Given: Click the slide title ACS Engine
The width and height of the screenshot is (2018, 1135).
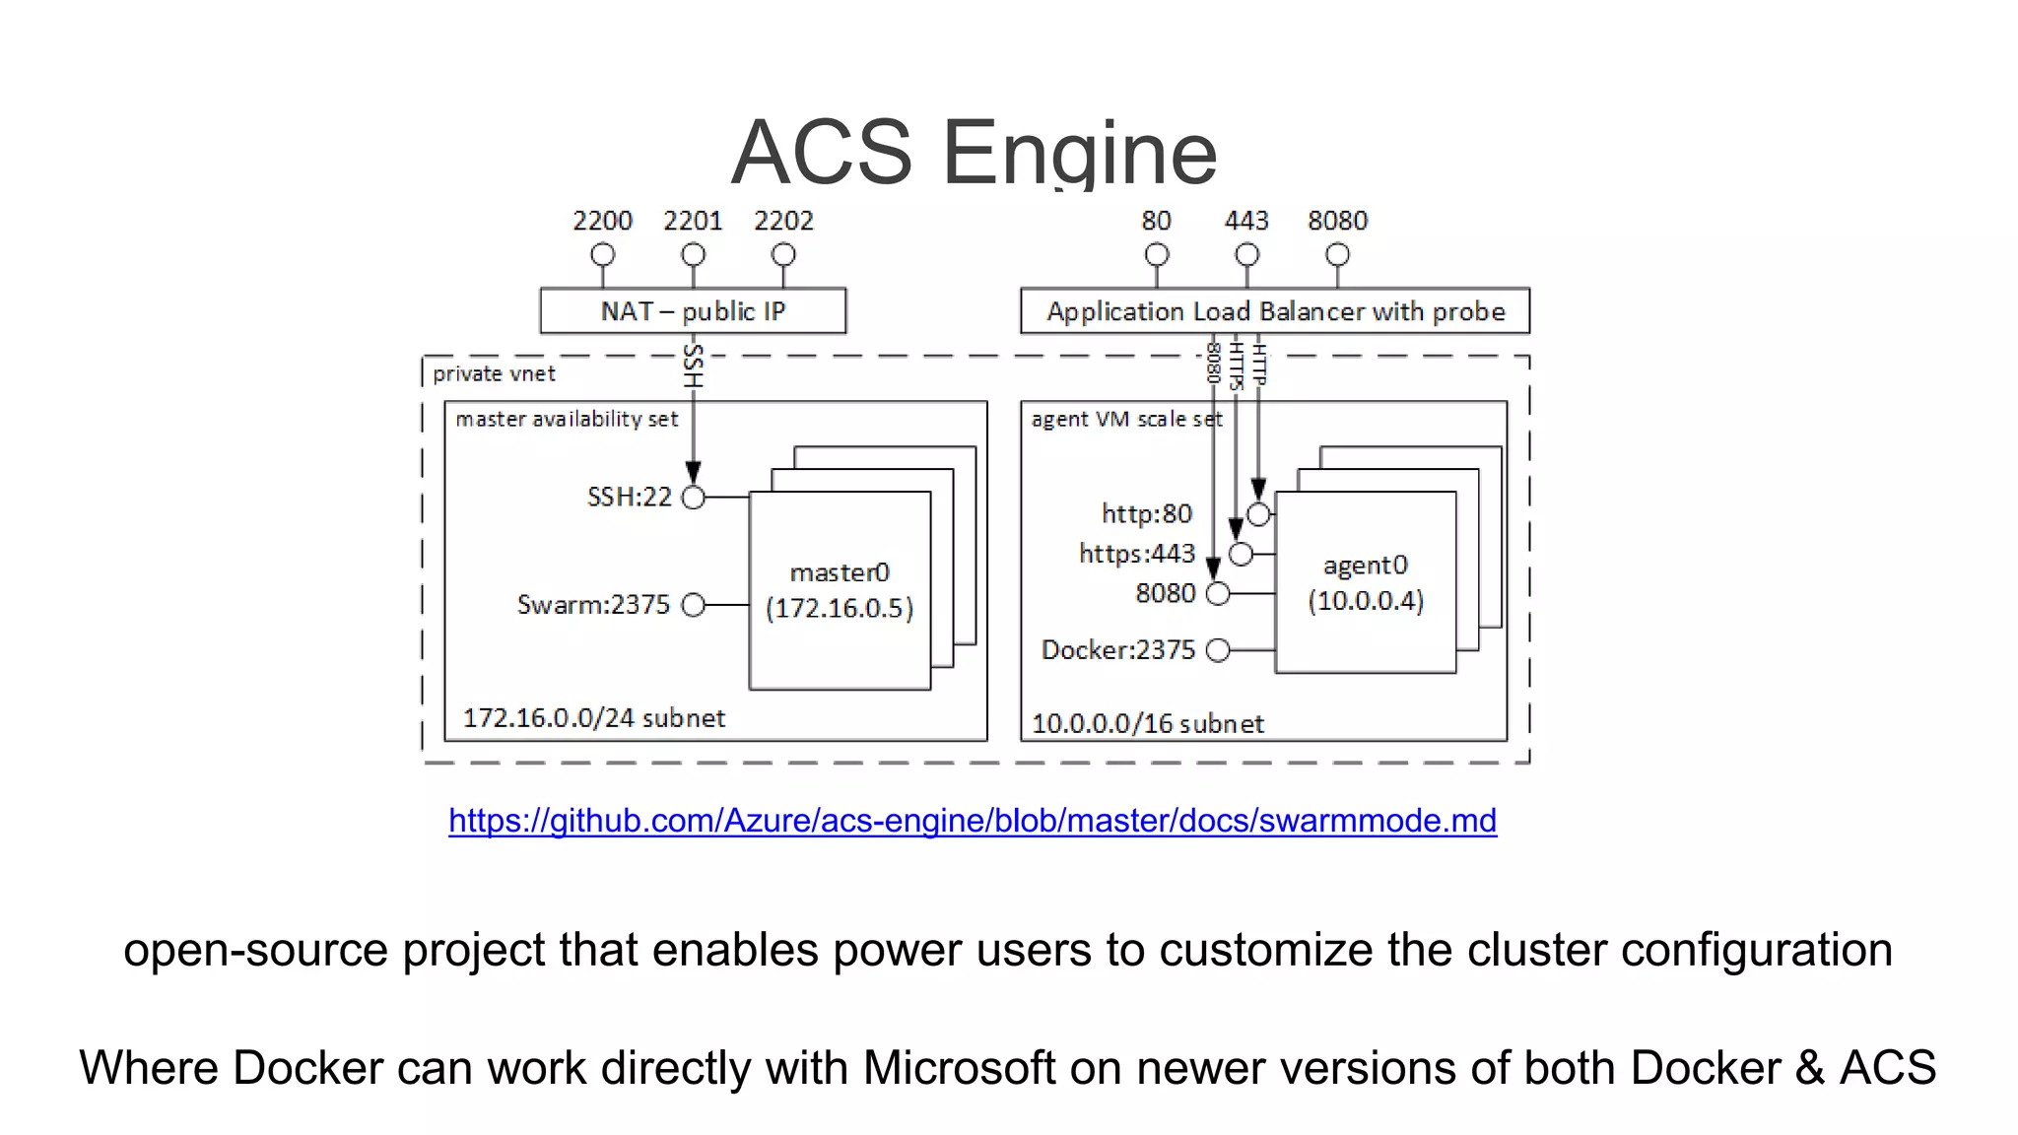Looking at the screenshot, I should tap(974, 153).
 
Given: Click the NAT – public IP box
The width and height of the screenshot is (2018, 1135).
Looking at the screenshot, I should tap(693, 311).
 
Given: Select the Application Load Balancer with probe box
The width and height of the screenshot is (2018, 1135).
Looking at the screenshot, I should tap(1275, 311).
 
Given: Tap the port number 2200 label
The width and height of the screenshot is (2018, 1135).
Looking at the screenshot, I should tap(602, 221).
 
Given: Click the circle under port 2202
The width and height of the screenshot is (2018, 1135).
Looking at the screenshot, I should tap(783, 255).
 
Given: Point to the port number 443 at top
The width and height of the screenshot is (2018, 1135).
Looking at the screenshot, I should tap(1246, 221).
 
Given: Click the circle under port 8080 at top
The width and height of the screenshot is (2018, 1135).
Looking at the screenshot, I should tap(1337, 255).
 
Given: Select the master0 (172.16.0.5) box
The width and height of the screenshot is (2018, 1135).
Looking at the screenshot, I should tap(840, 590).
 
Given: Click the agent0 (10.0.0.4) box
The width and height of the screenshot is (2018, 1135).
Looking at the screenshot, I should tap(1365, 582).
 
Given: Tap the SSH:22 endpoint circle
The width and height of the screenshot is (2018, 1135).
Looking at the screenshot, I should tap(694, 498).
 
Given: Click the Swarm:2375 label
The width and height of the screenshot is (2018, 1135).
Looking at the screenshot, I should tap(593, 604).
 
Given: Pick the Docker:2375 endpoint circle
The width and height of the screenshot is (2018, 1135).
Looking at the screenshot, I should tap(1218, 650).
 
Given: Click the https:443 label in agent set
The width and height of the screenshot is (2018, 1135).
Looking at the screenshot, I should tap(1137, 554).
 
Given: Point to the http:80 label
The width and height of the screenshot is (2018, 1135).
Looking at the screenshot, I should tap(1146, 513).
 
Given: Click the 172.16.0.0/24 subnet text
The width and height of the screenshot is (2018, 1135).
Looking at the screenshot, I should tap(594, 718).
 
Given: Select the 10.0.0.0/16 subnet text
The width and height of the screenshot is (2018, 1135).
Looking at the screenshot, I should tap(1147, 724).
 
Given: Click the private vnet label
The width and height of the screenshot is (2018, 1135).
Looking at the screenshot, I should tap(494, 374).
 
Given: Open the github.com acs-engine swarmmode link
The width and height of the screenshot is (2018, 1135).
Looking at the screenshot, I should tap(973, 821).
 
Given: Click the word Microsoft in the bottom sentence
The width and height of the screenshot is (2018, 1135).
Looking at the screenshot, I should tap(959, 1068).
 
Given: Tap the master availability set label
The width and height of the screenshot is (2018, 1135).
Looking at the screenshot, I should tap(567, 420).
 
